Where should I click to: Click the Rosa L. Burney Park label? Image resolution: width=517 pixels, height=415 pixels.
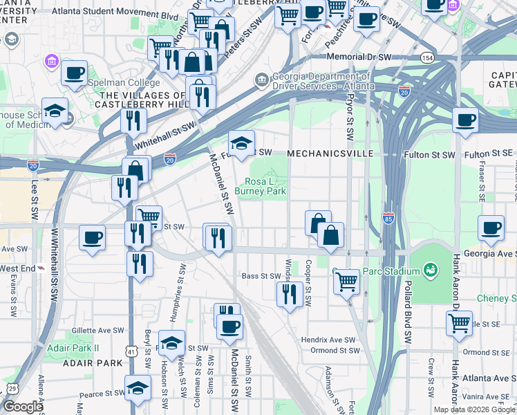pos(260,185)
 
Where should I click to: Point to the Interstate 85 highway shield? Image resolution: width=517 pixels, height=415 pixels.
pos(388,216)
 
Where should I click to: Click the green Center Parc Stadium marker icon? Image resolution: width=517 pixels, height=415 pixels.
pos(431,268)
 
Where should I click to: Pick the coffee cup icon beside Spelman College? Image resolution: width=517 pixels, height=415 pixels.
pos(74,73)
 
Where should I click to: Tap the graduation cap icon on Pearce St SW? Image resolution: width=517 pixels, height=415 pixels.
pos(138,388)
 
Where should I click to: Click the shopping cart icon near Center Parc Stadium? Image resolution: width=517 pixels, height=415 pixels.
pos(346,281)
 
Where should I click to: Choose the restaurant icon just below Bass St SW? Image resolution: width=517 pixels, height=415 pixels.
pos(288,293)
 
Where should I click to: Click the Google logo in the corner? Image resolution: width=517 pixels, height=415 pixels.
pos(22,406)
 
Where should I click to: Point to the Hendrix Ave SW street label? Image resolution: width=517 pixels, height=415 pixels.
pos(328,340)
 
